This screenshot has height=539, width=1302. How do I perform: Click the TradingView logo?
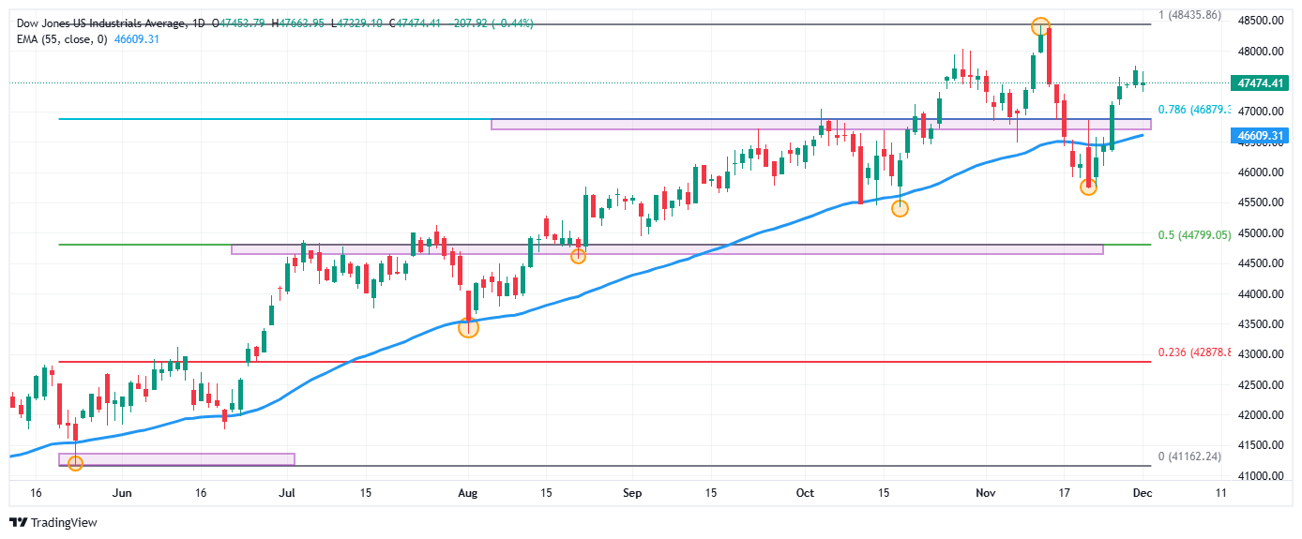pos(53,522)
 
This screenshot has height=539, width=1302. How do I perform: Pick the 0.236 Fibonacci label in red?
pos(1191,352)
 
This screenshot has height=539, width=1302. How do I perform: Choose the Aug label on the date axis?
pos(470,491)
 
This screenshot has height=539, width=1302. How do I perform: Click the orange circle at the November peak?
pos(1039,26)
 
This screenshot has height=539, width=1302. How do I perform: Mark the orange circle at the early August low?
pos(468,327)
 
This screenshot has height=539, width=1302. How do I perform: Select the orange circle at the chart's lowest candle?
pos(76,463)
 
